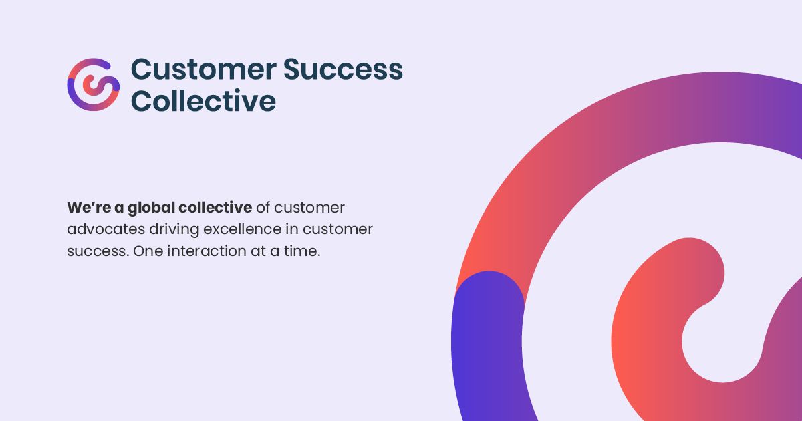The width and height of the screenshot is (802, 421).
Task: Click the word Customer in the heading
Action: coord(204,69)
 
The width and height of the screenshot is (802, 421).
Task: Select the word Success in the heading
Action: coord(343,69)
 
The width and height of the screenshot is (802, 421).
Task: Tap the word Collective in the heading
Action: coord(203,101)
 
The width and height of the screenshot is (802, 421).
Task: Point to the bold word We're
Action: coord(89,208)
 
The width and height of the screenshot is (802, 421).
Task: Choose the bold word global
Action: coord(151,208)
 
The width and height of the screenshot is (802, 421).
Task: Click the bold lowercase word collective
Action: coord(215,208)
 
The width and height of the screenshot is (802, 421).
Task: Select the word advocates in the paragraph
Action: coord(106,229)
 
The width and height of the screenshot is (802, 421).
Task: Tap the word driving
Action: coord(174,230)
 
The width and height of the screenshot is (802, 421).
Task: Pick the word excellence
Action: coord(243,229)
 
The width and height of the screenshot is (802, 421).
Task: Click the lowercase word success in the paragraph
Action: coord(98,251)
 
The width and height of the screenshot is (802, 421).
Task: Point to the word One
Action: coord(148,251)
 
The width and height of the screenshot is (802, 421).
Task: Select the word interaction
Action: coord(207,251)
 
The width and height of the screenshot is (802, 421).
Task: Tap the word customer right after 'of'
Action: coord(309,208)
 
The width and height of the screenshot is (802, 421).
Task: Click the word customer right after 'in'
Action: coord(338,229)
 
